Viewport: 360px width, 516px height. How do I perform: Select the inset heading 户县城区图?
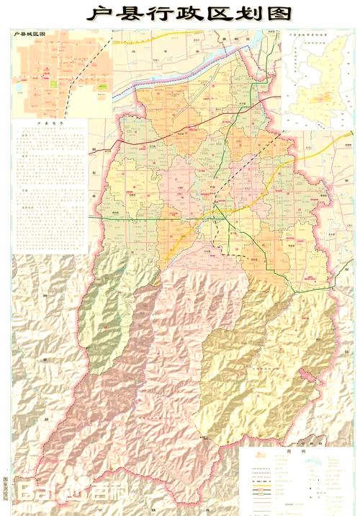(x=30, y=34)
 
